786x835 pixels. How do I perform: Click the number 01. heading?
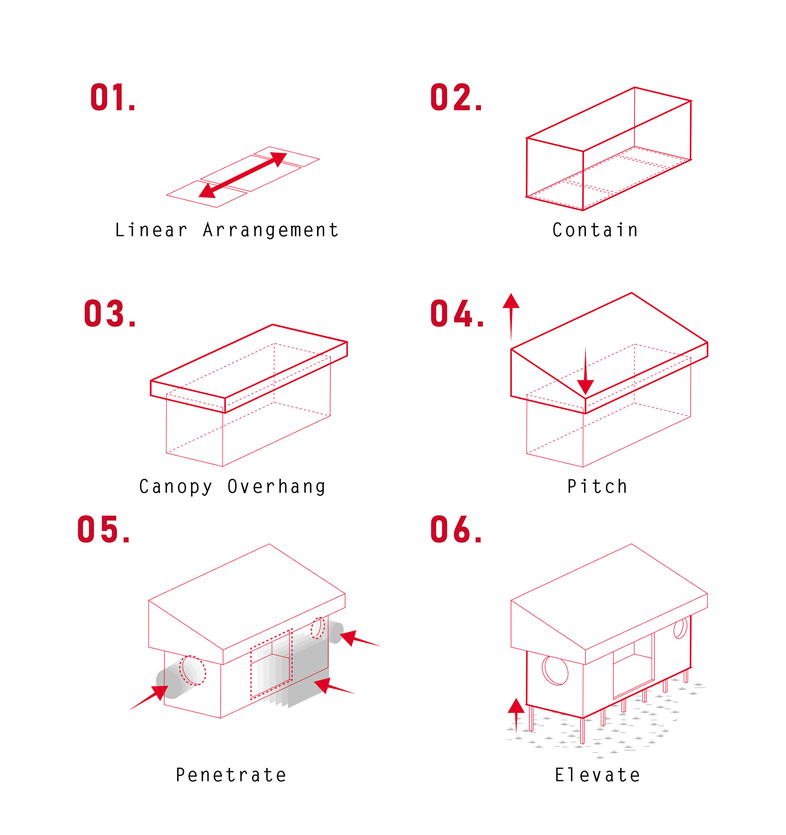113,97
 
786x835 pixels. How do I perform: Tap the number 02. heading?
456,97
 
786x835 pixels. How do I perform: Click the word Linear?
151,230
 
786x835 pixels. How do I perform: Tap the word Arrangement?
271,230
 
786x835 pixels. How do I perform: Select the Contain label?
595,230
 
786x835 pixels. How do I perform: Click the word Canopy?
176,487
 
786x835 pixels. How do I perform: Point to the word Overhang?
276,487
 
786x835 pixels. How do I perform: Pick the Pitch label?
597,487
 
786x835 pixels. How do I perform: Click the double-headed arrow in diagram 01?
243,175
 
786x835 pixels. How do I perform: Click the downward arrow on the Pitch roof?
585,372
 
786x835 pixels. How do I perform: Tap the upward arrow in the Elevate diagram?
516,714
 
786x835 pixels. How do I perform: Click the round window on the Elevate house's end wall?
555,670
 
